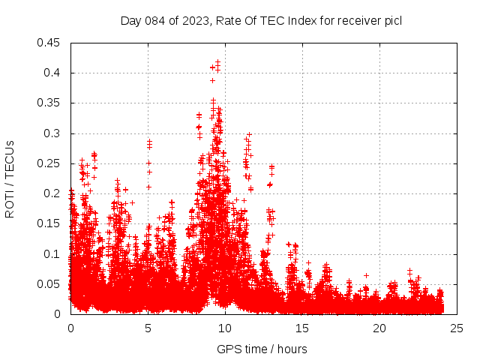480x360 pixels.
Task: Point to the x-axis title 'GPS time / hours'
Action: click(262, 349)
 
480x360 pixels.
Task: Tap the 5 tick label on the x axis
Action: click(148, 328)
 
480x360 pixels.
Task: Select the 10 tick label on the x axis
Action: click(225, 328)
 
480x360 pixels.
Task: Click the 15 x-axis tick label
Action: click(302, 328)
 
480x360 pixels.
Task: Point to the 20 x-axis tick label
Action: click(379, 328)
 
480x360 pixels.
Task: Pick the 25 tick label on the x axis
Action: click(457, 328)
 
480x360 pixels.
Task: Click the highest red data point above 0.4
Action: click(217, 62)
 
